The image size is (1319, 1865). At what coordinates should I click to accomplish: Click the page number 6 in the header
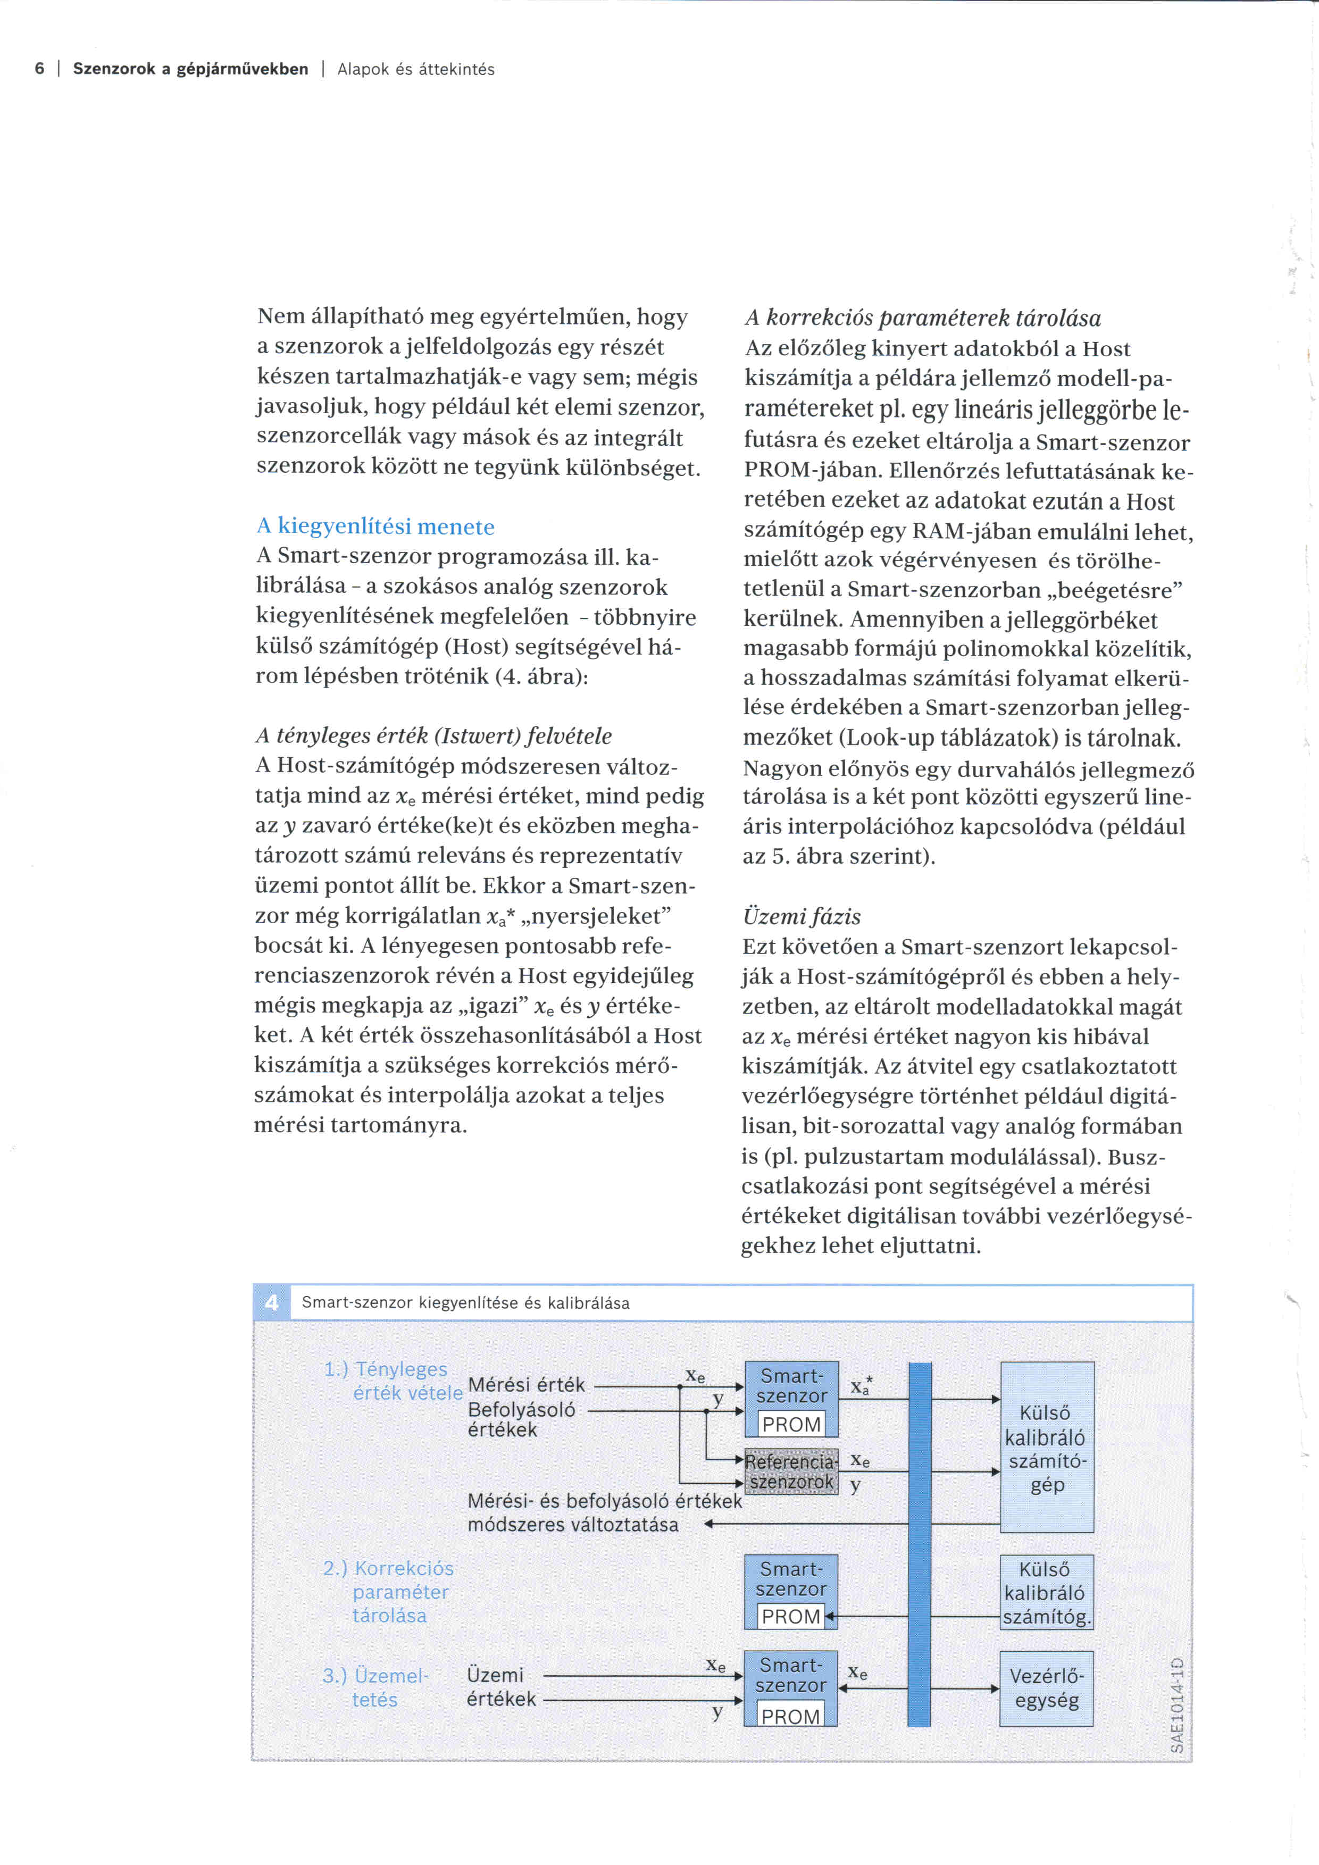(39, 69)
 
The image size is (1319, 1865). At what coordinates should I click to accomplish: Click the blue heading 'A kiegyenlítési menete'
(375, 526)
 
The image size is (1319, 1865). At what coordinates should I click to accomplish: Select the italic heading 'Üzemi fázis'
(801, 916)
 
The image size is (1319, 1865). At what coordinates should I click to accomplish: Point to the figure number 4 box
(271, 1303)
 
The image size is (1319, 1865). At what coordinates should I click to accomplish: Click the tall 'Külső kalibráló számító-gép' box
(1047, 1448)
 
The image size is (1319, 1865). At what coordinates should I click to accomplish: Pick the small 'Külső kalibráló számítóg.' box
(1046, 1592)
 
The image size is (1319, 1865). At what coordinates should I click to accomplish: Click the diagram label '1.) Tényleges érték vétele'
(393, 1381)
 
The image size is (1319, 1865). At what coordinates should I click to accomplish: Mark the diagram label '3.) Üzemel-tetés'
(375, 1688)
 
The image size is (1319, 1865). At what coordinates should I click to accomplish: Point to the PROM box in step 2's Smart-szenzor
(791, 1617)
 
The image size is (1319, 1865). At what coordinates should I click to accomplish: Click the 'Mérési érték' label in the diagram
(527, 1385)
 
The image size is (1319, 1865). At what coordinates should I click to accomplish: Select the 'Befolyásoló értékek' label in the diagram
(521, 1420)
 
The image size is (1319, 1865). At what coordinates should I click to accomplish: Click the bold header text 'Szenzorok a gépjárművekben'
(191, 69)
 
